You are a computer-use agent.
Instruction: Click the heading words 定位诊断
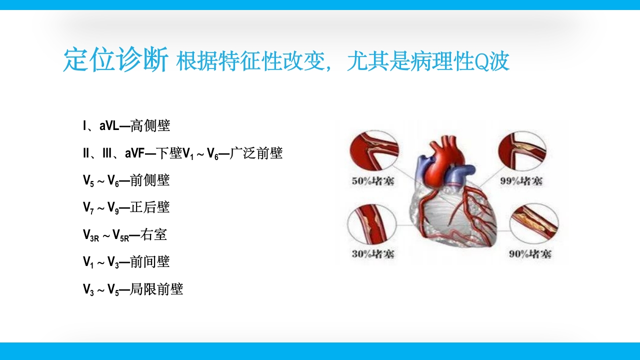tap(115, 61)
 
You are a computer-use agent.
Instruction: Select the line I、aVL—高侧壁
tap(126, 126)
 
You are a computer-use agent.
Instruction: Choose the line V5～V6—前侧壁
tap(126, 180)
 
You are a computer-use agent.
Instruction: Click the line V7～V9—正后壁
tap(126, 207)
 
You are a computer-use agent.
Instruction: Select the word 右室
tap(154, 234)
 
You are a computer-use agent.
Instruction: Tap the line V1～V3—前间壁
tap(126, 261)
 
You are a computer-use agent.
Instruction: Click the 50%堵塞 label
tap(373, 181)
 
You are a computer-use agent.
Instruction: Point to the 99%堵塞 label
tap(521, 181)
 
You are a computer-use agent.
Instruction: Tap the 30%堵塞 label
tap(373, 254)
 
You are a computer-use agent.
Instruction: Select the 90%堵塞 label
tap(530, 254)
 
